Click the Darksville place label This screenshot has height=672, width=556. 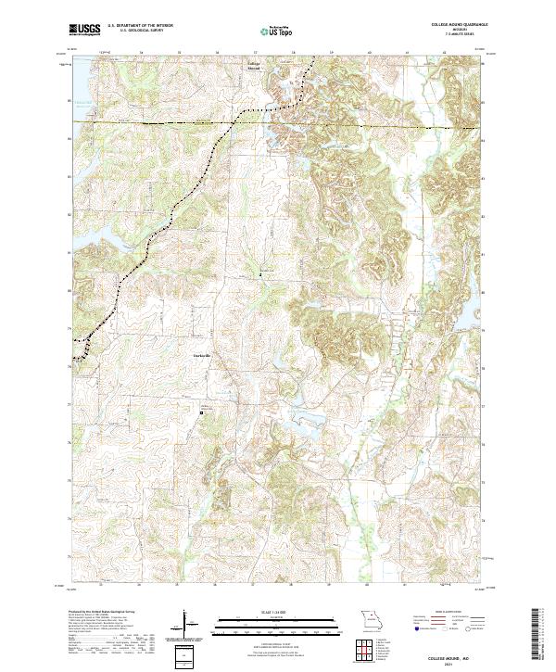pyautogui.click(x=201, y=357)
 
